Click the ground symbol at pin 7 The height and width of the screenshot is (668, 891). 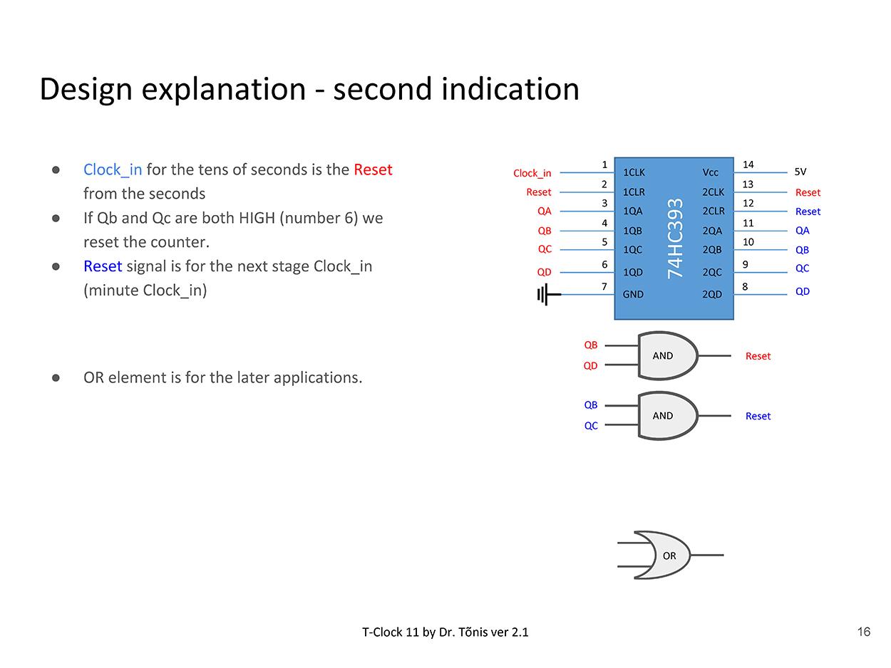[546, 294]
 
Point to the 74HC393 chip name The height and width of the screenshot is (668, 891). [675, 239]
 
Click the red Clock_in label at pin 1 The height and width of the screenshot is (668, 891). [532, 173]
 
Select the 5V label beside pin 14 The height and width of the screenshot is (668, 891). [800, 172]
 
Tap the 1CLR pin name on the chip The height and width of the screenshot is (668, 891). [634, 192]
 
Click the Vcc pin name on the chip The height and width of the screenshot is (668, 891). [711, 172]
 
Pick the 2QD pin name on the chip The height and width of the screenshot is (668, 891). [712, 294]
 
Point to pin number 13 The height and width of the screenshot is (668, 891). [748, 184]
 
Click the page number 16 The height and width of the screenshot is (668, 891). [863, 632]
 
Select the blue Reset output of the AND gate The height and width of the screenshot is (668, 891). [758, 416]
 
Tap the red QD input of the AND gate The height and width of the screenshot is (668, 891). [591, 366]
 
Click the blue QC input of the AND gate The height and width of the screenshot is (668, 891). [591, 426]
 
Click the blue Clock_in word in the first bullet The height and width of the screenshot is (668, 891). [113, 169]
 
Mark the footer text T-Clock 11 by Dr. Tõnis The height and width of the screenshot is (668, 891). [445, 632]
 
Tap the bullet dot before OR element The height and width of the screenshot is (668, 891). [56, 377]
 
